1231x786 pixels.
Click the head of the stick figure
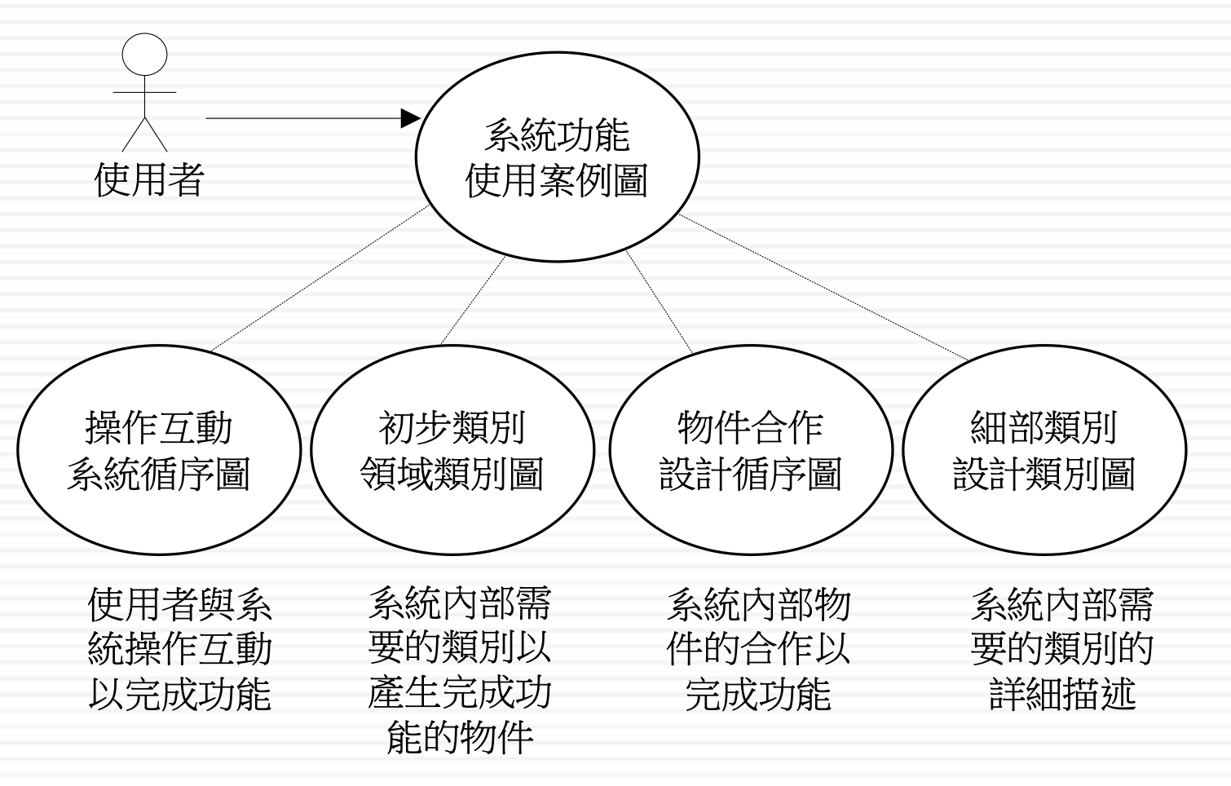[x=144, y=55]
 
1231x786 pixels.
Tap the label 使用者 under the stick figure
[x=149, y=179]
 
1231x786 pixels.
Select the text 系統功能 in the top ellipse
[x=557, y=135]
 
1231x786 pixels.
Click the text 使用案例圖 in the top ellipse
[x=557, y=180]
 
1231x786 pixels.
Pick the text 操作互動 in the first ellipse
[x=159, y=427]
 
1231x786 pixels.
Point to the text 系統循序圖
[x=159, y=473]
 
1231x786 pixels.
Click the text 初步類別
[x=452, y=427]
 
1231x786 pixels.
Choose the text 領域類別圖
[x=452, y=473]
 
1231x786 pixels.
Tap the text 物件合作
[x=750, y=427]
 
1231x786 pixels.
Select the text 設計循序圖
[x=750, y=473]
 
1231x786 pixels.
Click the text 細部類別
[x=1043, y=427]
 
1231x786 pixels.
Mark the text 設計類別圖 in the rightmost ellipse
[x=1043, y=473]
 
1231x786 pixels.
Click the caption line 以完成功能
[x=179, y=695]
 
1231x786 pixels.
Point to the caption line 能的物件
[x=460, y=737]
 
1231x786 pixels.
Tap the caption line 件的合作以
[x=758, y=649]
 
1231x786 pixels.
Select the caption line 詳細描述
[x=1062, y=695]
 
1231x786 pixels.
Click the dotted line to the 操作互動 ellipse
[x=318, y=280]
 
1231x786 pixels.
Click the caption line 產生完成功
[x=460, y=693]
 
